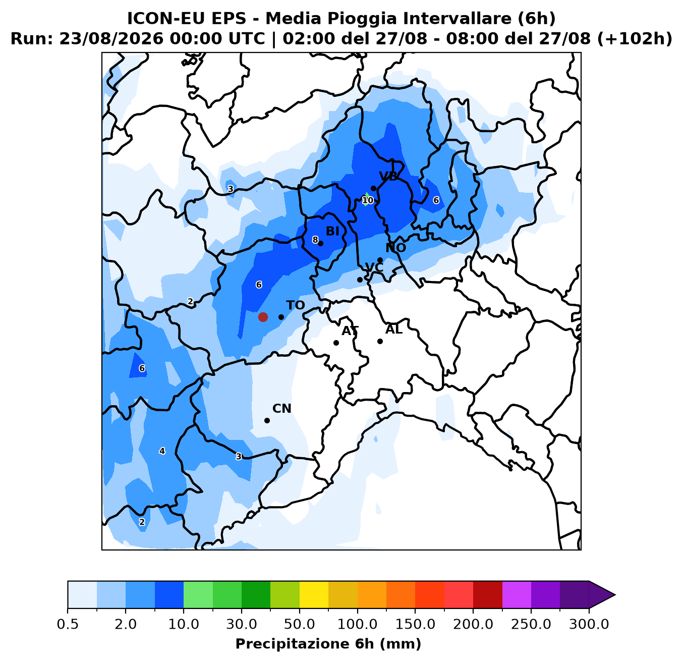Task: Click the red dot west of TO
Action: [x=263, y=317]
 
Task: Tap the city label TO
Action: [x=296, y=305]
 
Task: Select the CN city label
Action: [x=282, y=408]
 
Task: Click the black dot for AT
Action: [x=336, y=343]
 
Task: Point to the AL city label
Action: [x=394, y=329]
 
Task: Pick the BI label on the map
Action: [x=332, y=231]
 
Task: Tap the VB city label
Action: [x=388, y=176]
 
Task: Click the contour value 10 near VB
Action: [x=367, y=200]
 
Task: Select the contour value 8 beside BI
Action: [x=315, y=240]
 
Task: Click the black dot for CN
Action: [x=267, y=420]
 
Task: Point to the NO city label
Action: [x=396, y=247]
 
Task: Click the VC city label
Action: [x=374, y=267]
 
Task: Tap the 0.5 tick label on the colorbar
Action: [x=68, y=625]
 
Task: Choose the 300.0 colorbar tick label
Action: [x=589, y=625]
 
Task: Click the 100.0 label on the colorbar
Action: [x=357, y=625]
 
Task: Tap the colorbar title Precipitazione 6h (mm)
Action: [x=328, y=644]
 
